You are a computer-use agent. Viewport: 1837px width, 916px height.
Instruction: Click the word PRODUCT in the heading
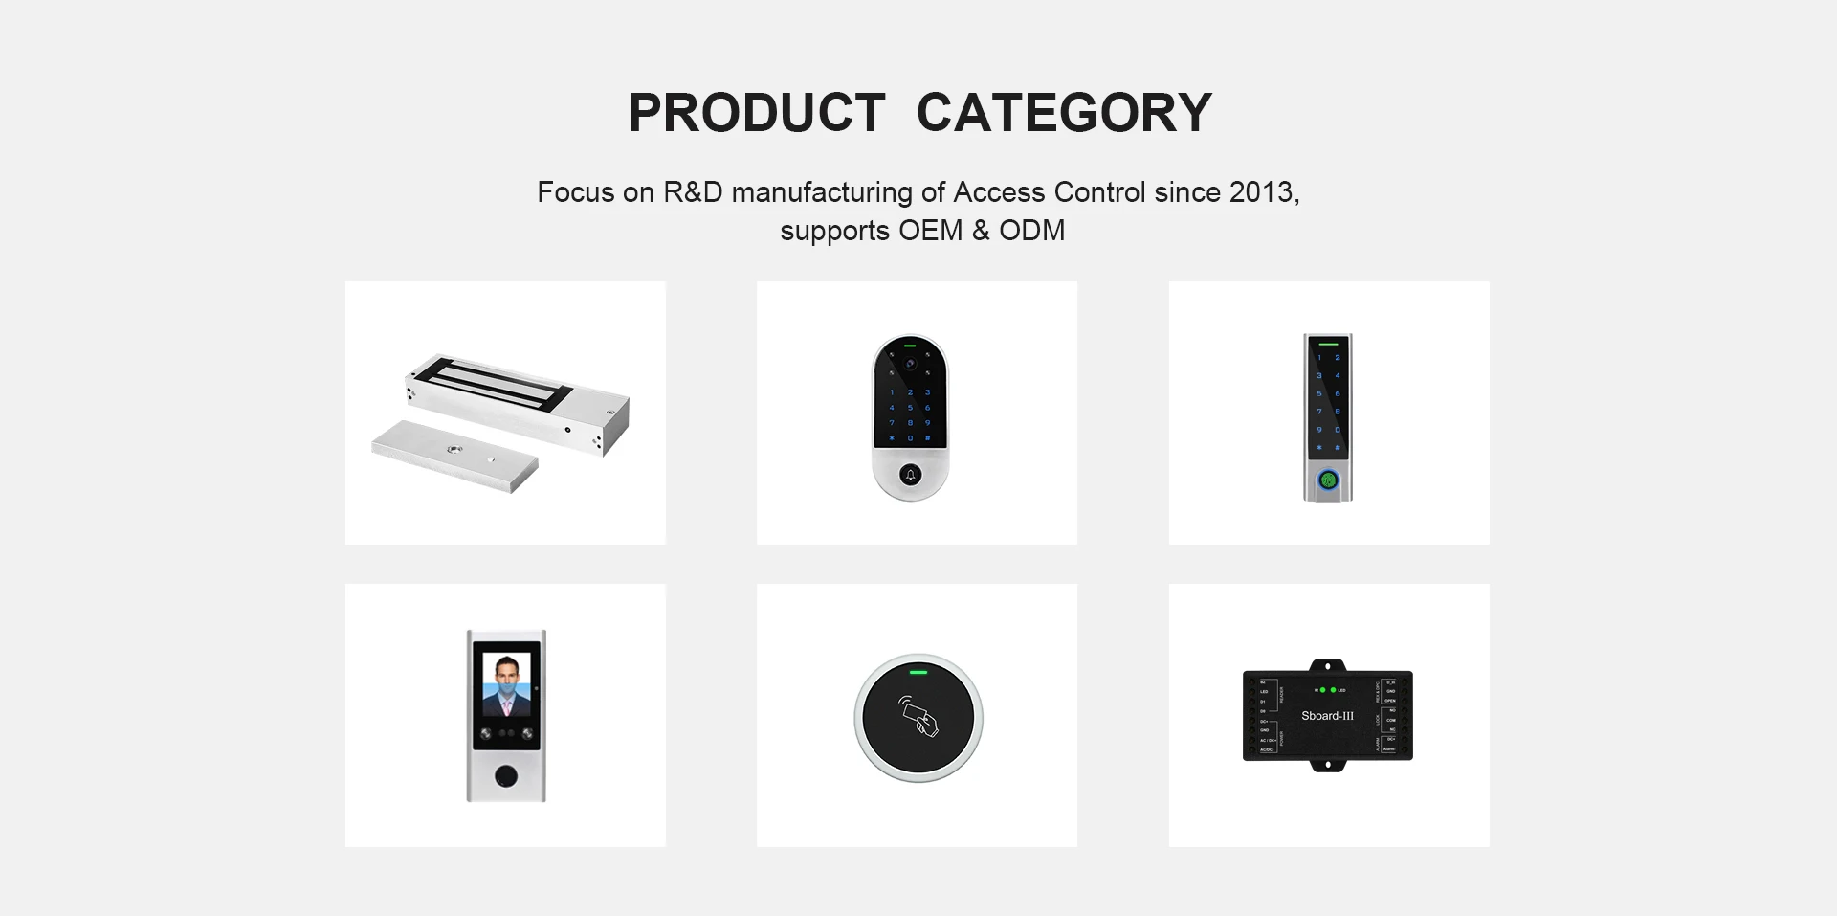click(757, 113)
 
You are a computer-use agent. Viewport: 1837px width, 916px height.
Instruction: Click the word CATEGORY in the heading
click(1064, 113)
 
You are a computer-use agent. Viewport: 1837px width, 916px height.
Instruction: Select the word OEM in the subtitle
click(930, 231)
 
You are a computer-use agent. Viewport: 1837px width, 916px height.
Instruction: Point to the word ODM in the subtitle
click(1031, 231)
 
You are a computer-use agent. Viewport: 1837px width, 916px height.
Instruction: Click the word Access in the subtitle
click(999, 192)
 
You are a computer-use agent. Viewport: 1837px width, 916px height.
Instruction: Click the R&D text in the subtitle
click(693, 192)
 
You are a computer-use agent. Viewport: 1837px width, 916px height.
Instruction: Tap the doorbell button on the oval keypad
click(911, 475)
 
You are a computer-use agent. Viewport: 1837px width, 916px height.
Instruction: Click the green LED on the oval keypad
click(911, 346)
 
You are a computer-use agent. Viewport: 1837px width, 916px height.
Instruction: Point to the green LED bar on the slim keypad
click(1328, 343)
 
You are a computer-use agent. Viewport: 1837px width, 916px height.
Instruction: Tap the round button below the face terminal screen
click(506, 775)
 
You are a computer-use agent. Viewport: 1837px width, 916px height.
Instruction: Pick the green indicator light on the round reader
click(918, 672)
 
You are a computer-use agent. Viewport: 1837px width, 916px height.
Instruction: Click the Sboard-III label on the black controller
click(1327, 716)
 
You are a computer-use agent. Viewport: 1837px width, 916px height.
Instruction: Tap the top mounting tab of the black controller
click(1327, 665)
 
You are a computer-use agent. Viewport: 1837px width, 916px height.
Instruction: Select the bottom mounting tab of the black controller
click(1327, 765)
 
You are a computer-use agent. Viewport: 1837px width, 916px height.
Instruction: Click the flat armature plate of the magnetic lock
click(454, 455)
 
